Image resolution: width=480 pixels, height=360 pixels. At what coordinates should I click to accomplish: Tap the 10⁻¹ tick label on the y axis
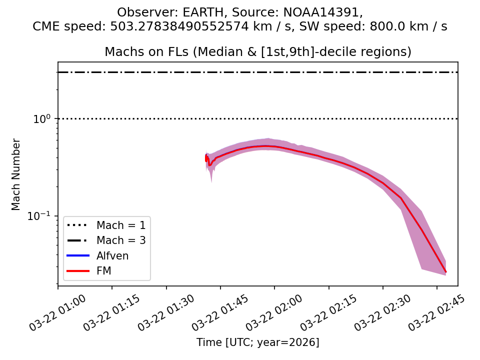pos(43,216)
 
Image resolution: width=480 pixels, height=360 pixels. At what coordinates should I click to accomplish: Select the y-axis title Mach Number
pos(16,174)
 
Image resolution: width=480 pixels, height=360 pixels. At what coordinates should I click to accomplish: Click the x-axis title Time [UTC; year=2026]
pos(257,342)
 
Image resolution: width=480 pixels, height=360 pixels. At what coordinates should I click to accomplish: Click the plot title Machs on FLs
pos(257,52)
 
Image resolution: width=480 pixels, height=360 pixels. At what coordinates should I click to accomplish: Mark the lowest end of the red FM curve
pos(445,272)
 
